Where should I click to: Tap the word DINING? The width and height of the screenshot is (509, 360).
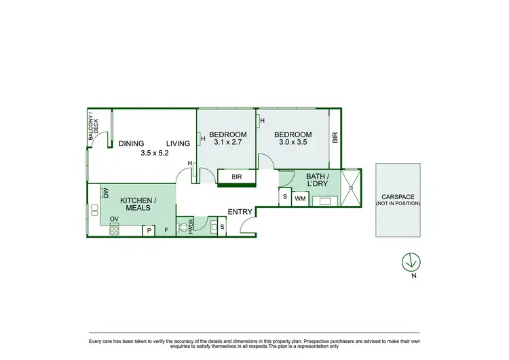[131, 143]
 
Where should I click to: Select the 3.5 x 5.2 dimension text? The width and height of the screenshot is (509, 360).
[154, 154]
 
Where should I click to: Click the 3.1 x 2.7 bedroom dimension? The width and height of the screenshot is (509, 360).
[227, 143]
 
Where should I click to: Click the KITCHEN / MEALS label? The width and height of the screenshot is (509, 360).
[138, 204]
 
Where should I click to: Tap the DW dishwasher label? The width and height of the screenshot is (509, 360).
[106, 193]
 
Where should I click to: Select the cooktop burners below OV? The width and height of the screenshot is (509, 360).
[114, 230]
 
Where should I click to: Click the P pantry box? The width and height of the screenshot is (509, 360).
[148, 231]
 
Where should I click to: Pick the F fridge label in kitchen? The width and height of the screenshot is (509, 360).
[166, 231]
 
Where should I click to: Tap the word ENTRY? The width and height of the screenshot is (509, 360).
[240, 213]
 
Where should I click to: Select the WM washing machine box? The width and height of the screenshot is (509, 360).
[300, 198]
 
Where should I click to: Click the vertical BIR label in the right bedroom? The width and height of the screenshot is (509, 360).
[335, 138]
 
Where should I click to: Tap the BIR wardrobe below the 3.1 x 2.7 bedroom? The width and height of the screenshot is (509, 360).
[236, 177]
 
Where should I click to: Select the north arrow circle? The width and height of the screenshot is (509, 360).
[410, 261]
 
